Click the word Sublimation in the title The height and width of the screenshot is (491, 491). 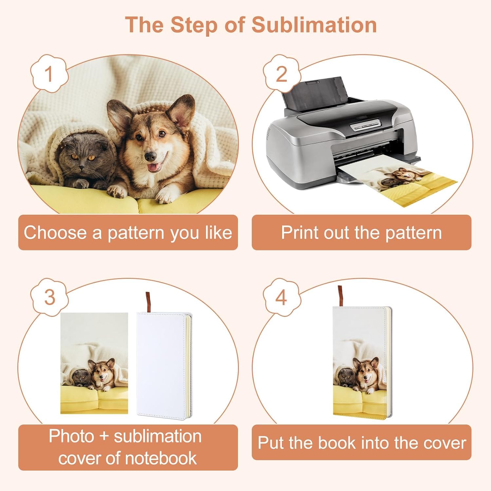pos(314,25)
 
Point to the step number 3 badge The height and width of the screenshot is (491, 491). pos(49,297)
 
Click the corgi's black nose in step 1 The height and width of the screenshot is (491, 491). pos(150,156)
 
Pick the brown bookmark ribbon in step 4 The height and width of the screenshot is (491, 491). pos(340,296)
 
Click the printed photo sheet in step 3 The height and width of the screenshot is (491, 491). pos(94,363)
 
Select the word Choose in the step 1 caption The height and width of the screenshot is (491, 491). pos(55,232)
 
